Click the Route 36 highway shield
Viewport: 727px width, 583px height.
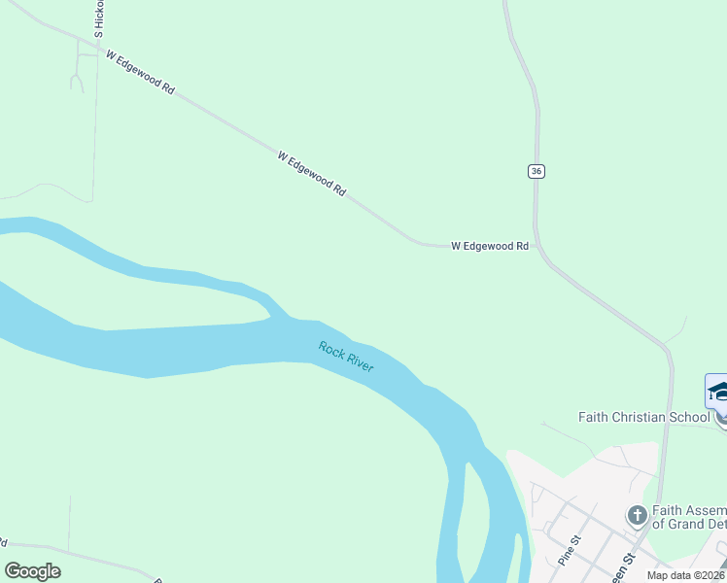click(537, 171)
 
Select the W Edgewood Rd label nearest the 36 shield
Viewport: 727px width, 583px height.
click(490, 247)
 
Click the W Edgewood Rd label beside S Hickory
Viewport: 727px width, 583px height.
click(140, 73)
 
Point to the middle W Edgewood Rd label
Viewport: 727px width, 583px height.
click(311, 174)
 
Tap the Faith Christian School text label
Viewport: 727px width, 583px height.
click(643, 418)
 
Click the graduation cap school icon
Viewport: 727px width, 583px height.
click(718, 391)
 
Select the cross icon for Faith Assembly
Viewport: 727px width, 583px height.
click(637, 515)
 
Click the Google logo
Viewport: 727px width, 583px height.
click(33, 571)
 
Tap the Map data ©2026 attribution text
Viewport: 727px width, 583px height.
click(686, 575)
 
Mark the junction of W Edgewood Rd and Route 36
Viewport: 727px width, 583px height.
click(537, 247)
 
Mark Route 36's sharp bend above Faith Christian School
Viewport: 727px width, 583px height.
click(667, 348)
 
